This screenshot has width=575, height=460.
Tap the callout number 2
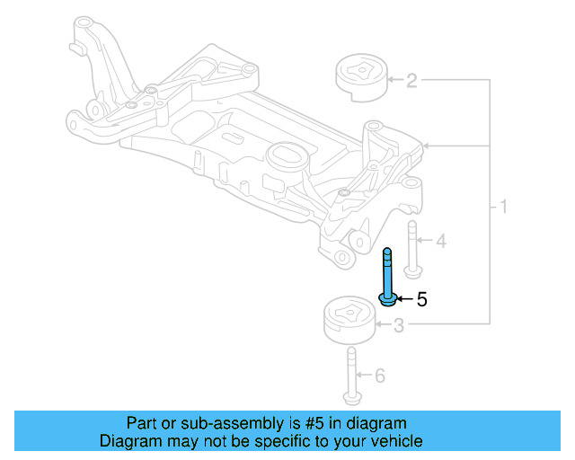(411, 83)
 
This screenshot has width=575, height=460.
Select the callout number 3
(398, 327)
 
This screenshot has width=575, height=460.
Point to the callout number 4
(440, 242)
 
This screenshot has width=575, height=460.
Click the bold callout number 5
(421, 298)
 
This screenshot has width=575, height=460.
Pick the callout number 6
(379, 376)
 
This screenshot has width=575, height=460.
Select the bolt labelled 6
(349, 376)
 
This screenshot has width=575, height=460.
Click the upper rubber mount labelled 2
(360, 80)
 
